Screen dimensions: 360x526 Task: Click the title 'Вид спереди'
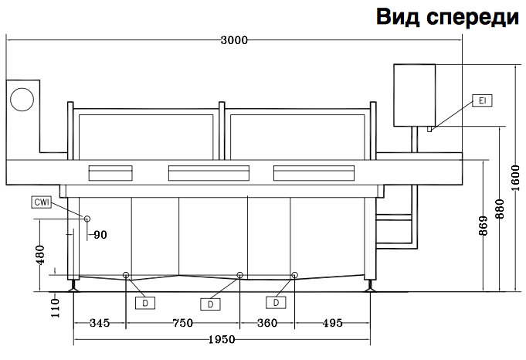(x=447, y=17)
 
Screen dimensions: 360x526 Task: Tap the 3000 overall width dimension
(x=234, y=40)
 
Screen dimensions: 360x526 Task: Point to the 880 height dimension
(x=499, y=208)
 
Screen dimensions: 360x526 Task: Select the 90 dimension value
(x=100, y=235)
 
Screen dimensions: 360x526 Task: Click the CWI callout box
(x=42, y=202)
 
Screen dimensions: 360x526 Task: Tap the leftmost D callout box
(x=144, y=304)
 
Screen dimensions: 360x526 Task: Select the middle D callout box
(x=209, y=304)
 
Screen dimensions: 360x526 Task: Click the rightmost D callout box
(x=275, y=303)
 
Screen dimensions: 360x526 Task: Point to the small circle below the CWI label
(x=87, y=219)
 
